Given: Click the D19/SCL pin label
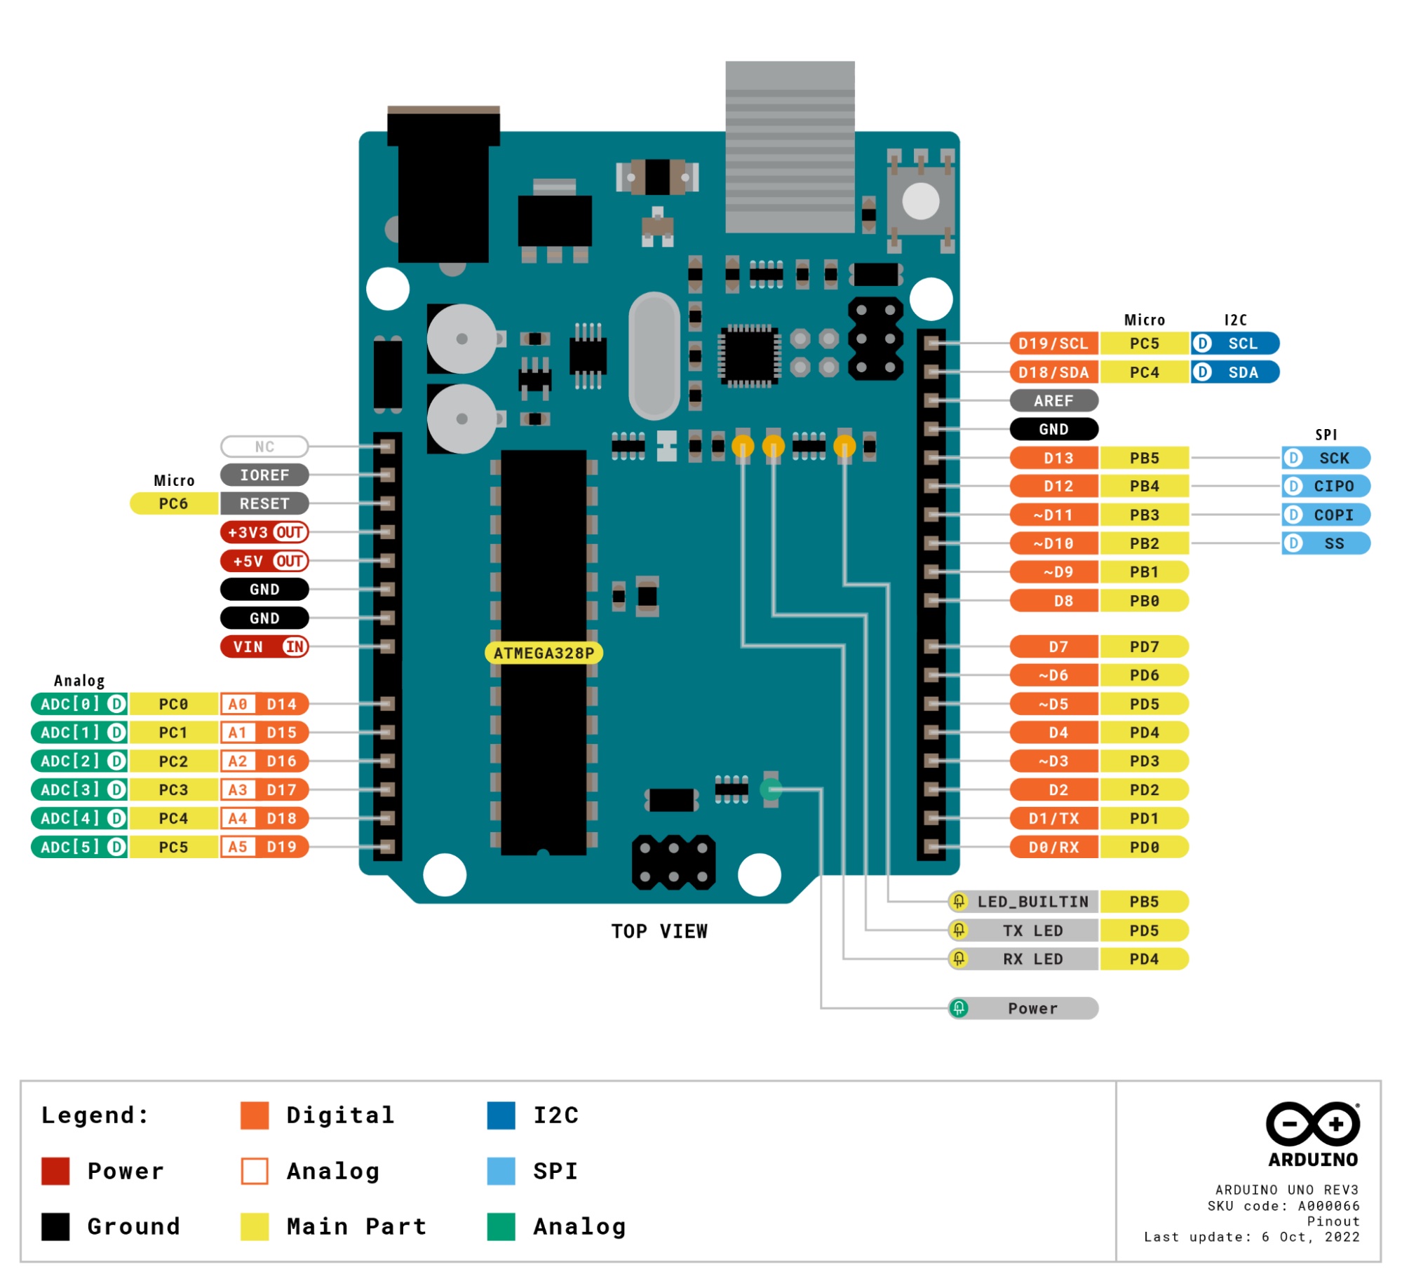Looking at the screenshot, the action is (1053, 344).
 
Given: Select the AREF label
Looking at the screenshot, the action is (1053, 401).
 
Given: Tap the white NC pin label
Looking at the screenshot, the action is (264, 447).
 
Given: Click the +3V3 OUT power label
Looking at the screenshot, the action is (264, 532).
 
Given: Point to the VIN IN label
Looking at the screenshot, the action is (264, 646).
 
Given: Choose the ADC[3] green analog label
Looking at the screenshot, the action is (79, 789).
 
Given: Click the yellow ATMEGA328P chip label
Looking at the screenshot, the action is (544, 653).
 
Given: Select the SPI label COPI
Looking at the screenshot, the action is (1325, 515).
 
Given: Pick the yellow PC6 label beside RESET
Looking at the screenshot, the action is (173, 503).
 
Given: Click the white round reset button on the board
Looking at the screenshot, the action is (920, 202).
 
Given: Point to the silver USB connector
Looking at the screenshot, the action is (790, 147).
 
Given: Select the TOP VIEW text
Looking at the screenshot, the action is (659, 931).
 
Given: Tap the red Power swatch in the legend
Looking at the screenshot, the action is (55, 1171).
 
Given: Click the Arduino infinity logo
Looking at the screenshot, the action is (1312, 1124).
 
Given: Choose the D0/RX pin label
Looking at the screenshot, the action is (1053, 847).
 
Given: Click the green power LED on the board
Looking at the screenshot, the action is (770, 789).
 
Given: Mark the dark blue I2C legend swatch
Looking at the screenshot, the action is (501, 1115).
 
